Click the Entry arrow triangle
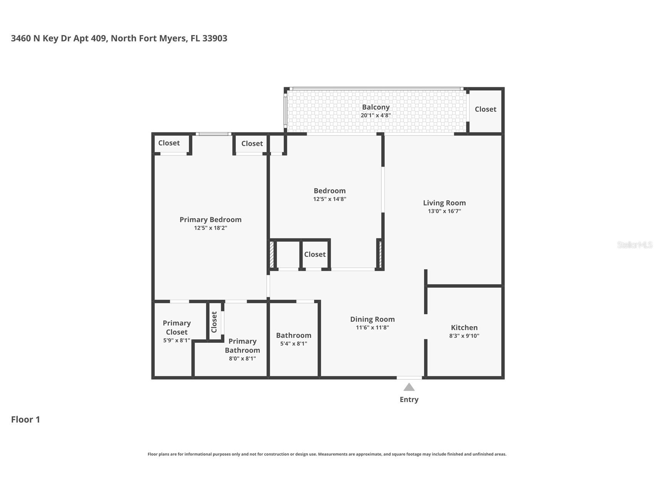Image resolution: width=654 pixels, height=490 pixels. pyautogui.click(x=409, y=387)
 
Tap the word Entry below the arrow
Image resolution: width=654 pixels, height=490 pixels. pyautogui.click(x=409, y=399)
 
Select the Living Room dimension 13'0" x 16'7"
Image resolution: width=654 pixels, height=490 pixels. pyautogui.click(x=444, y=211)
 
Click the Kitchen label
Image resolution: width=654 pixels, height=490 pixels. pyautogui.click(x=464, y=327)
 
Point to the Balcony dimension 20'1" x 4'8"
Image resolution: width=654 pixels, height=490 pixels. pyautogui.click(x=376, y=115)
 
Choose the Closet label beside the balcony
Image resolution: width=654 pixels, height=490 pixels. pyautogui.click(x=485, y=109)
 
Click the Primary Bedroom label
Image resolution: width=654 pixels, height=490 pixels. pyautogui.click(x=210, y=220)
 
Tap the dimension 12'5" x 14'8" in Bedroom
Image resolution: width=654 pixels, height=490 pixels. pyautogui.click(x=330, y=199)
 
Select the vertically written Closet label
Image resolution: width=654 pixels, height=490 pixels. pyautogui.click(x=214, y=322)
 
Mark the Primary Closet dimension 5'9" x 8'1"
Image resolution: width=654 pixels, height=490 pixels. pyautogui.click(x=177, y=341)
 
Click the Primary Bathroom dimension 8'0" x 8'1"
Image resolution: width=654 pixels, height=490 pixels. pyautogui.click(x=242, y=359)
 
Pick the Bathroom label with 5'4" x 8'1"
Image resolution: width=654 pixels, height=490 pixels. pyautogui.click(x=293, y=336)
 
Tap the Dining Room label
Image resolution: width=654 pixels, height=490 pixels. pyautogui.click(x=372, y=319)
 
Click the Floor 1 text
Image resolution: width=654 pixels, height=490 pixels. pyautogui.click(x=25, y=420)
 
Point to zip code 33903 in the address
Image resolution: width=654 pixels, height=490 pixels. pyautogui.click(x=215, y=39)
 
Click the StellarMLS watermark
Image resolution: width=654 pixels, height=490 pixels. pyautogui.click(x=634, y=245)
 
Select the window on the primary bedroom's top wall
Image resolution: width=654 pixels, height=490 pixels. pyautogui.click(x=214, y=134)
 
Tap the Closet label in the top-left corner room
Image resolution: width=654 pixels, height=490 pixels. pyautogui.click(x=169, y=143)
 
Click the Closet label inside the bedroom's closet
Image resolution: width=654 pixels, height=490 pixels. pyautogui.click(x=315, y=254)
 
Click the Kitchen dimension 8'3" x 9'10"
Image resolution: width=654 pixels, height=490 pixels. pyautogui.click(x=464, y=336)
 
